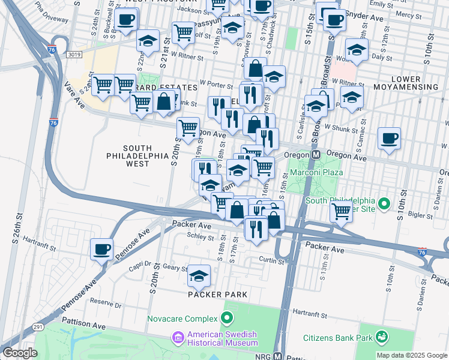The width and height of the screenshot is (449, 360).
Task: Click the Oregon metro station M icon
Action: tap(314, 155)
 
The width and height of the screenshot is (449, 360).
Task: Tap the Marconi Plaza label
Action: tap(316, 172)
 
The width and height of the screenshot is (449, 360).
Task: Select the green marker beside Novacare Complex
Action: tap(227, 317)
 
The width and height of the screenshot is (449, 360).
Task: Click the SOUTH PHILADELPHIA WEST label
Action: tap(136, 155)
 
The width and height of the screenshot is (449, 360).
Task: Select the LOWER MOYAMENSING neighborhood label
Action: tap(406, 82)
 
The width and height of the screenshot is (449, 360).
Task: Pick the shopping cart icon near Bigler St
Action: tap(341, 211)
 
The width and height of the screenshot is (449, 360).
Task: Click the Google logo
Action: tap(20, 353)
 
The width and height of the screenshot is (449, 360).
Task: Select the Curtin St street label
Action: tap(271, 260)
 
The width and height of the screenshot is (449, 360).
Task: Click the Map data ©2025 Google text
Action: tap(411, 355)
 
